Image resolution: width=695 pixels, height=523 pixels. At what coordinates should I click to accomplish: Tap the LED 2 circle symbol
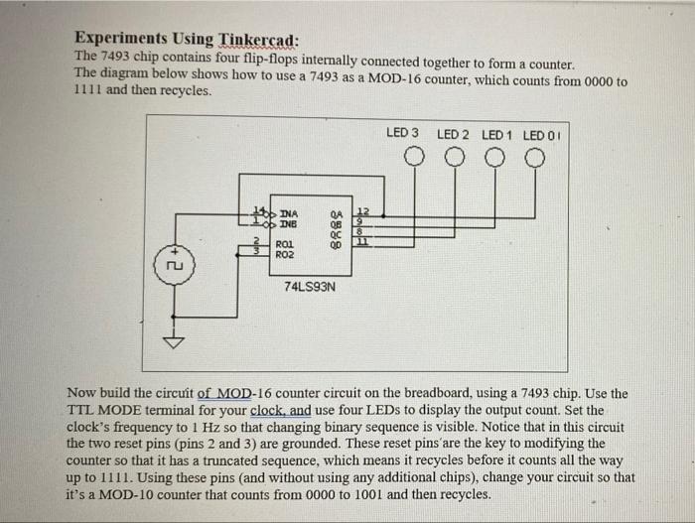tap(454, 157)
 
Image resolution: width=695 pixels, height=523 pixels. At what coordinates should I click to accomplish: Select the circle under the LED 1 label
tap(495, 157)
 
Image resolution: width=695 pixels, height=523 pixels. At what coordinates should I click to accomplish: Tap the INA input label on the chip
tap(289, 212)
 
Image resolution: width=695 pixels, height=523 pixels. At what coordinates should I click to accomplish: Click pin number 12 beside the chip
tap(362, 211)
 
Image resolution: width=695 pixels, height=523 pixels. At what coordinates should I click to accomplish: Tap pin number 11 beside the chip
tap(362, 243)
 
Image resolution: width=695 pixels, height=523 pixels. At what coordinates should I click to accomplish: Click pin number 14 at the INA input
tap(259, 211)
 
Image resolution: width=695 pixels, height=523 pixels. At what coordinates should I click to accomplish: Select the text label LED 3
tap(402, 133)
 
